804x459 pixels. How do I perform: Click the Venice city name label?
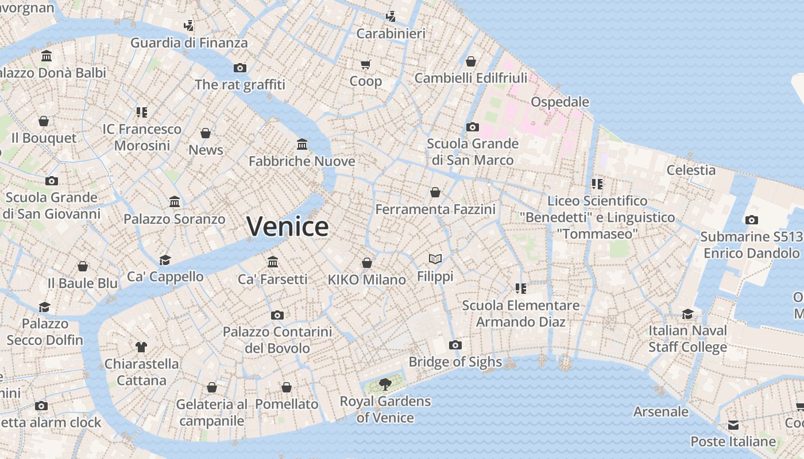point(287,226)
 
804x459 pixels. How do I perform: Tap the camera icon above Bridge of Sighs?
point(455,345)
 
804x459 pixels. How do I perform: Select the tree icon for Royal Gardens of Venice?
point(385,384)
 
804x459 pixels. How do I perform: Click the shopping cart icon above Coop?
point(366,64)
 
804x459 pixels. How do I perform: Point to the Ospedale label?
point(560,102)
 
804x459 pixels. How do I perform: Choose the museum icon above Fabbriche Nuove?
point(302,144)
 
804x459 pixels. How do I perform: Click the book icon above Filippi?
point(435,259)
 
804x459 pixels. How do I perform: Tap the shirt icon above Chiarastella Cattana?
point(141,347)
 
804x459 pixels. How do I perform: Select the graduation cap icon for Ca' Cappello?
point(165,260)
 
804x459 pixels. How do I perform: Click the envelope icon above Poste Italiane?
point(733,425)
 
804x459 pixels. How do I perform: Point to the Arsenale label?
point(660,411)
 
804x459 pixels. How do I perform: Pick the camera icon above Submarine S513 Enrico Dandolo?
point(751,220)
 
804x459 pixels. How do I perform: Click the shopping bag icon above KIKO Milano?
point(367,263)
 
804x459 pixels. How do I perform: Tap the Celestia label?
point(691,170)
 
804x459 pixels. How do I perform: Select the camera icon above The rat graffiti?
point(240,68)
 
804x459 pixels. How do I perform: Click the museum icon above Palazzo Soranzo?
point(175,202)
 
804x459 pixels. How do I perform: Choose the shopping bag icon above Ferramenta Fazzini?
point(435,192)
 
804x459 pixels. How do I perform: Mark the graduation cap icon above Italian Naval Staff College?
point(687,314)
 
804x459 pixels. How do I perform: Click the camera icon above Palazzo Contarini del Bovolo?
point(277,315)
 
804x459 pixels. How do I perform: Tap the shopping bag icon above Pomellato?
point(287,387)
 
